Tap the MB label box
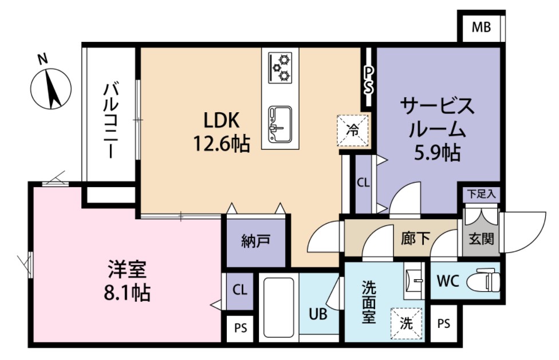(x=481, y=27)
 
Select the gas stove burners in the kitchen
(x=280, y=68)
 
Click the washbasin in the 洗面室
(x=412, y=280)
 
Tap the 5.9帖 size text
(x=437, y=153)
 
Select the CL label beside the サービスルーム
(x=363, y=183)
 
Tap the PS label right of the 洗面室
(x=443, y=324)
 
